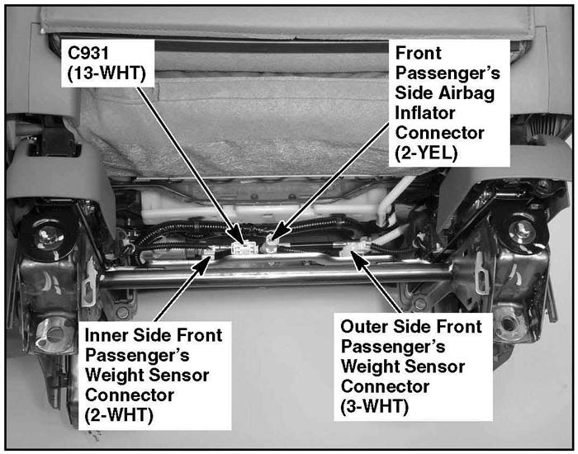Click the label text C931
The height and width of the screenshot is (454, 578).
(88, 53)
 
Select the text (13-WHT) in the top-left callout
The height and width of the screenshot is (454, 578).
(107, 73)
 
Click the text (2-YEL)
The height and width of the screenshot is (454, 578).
(426, 153)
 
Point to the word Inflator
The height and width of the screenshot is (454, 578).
(425, 113)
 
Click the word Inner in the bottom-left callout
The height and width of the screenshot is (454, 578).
(107, 335)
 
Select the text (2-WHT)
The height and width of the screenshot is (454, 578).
(119, 416)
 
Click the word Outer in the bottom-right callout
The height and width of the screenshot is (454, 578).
(364, 327)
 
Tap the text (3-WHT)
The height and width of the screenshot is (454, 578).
(375, 407)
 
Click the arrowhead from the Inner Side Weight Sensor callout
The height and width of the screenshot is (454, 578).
(204, 264)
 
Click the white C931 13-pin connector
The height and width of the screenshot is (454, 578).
(244, 248)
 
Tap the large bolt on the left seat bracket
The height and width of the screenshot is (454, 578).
(48, 237)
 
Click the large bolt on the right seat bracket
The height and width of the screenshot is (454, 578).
(522, 230)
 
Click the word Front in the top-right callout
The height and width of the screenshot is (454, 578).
(418, 53)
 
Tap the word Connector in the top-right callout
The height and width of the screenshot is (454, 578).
(439, 133)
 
